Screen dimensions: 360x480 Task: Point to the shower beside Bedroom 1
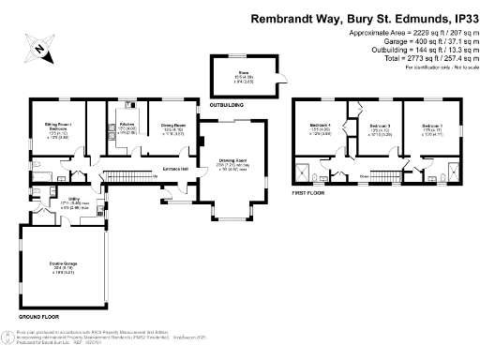click(450, 171)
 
